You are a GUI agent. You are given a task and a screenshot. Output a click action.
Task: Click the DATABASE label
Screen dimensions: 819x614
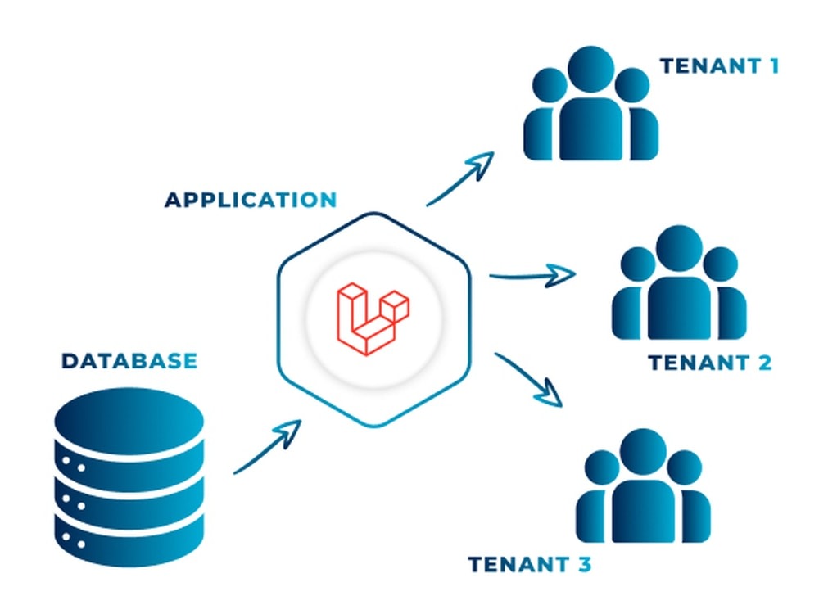point(129,361)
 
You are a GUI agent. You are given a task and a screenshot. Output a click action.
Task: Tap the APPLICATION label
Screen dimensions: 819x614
point(251,200)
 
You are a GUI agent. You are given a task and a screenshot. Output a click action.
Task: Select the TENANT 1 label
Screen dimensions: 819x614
point(719,66)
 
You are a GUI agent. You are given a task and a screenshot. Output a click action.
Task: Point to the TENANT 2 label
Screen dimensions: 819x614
point(710,363)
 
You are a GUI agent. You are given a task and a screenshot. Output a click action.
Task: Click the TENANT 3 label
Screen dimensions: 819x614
point(530,564)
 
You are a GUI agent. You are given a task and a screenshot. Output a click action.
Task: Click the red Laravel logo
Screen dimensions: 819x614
point(373,319)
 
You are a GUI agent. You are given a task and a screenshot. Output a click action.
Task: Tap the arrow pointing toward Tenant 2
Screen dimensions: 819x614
point(533,275)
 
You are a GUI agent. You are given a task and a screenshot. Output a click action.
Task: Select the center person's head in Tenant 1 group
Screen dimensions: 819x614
point(590,70)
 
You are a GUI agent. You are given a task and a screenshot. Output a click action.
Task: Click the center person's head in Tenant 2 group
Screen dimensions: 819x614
point(679,249)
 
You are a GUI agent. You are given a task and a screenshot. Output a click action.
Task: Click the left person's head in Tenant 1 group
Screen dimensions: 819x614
point(550,85)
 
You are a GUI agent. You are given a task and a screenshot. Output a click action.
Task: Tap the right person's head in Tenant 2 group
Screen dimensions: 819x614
point(720,264)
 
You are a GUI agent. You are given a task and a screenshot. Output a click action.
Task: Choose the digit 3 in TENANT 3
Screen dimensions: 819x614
point(585,564)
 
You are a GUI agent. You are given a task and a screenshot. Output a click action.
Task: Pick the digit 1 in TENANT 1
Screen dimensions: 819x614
point(774,66)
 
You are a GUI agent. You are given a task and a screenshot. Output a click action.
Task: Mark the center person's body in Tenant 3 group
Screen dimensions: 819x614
point(643,512)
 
